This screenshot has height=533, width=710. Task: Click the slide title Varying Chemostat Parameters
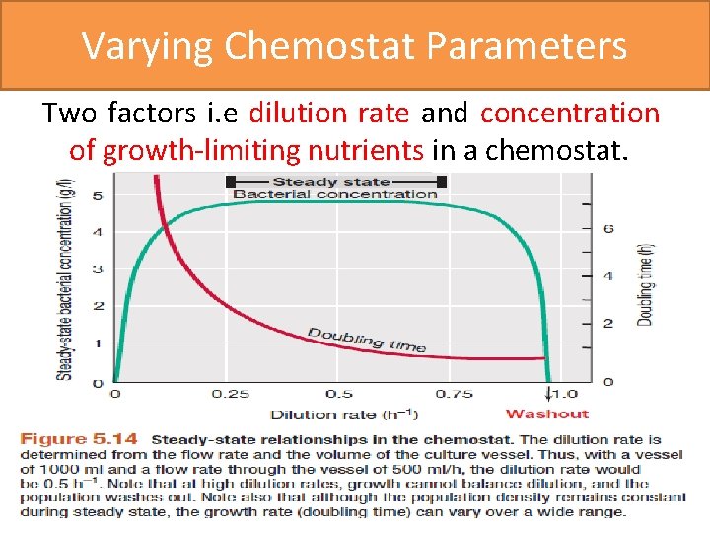tap(354, 45)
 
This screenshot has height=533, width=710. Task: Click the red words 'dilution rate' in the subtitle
tap(329, 114)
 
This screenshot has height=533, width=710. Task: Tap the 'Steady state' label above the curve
tap(330, 182)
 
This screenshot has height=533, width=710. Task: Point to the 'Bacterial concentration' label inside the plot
tap(335, 194)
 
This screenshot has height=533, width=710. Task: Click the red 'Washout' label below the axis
tap(546, 414)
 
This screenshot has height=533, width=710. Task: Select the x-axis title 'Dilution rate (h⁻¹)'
tap(343, 414)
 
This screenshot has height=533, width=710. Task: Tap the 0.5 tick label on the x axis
tap(339, 393)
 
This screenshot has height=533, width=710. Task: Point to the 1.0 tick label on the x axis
tap(564, 393)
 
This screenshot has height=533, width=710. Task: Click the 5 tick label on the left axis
tap(98, 196)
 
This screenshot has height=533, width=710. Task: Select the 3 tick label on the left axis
tap(98, 269)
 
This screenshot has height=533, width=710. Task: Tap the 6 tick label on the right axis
tap(608, 229)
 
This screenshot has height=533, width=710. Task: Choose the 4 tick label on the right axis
tap(608, 276)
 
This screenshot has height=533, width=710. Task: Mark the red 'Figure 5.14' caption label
tap(83, 439)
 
